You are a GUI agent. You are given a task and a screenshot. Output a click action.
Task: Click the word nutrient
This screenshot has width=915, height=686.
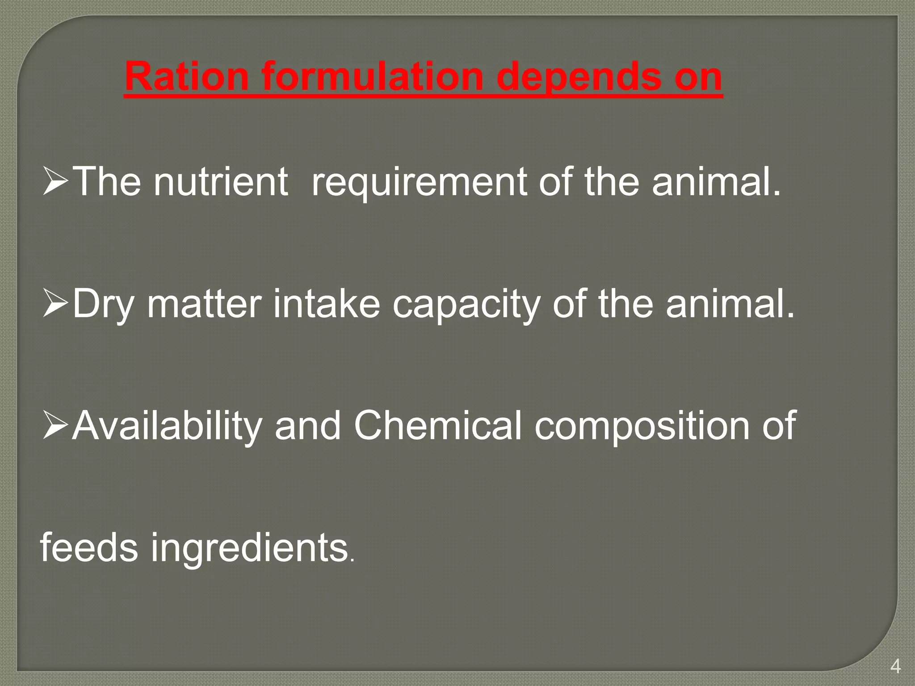pos(221,181)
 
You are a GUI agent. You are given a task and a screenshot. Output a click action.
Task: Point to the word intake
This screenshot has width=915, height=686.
pos(327,304)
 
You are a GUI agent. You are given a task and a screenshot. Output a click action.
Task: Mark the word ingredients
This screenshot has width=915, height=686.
pos(249,548)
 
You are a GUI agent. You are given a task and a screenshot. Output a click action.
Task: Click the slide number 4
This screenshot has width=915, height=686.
pos(895,666)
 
